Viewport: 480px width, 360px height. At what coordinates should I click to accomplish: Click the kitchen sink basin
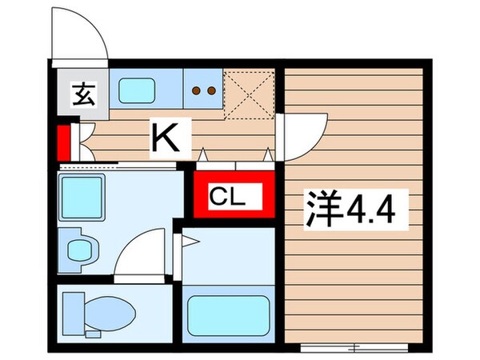[141, 90]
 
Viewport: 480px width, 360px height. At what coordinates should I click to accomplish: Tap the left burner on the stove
[197, 90]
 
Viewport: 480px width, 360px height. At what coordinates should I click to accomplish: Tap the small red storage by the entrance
[63, 142]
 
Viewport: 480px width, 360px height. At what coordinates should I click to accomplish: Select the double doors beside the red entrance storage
[82, 142]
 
